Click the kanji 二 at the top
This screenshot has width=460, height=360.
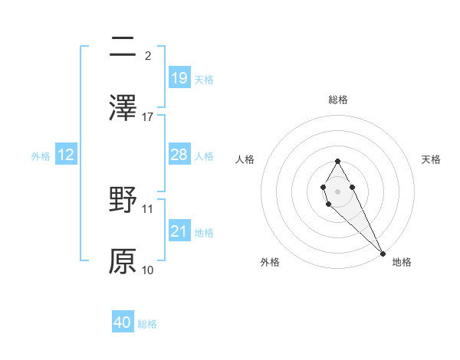(x=123, y=47)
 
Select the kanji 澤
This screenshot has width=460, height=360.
(x=123, y=107)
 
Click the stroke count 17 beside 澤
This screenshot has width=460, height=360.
(x=148, y=116)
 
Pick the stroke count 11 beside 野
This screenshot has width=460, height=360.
(x=148, y=208)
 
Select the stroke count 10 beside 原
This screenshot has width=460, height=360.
(x=148, y=270)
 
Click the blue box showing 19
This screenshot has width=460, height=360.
(x=179, y=77)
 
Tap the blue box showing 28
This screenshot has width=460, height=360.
(x=179, y=155)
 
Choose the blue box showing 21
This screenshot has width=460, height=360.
(x=179, y=231)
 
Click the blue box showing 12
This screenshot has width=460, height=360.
(x=66, y=155)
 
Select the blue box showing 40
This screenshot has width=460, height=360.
(x=123, y=322)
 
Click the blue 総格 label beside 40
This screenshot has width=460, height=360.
(x=147, y=324)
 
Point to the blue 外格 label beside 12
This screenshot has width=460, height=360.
(x=41, y=155)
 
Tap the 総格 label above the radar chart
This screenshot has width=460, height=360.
(x=338, y=100)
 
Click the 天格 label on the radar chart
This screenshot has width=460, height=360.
(x=431, y=159)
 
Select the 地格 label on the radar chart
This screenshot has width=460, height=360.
(x=402, y=262)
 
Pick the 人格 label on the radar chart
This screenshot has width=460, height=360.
(x=245, y=159)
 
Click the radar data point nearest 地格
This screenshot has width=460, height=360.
(x=383, y=253)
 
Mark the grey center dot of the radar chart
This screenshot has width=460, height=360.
(x=337, y=190)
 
